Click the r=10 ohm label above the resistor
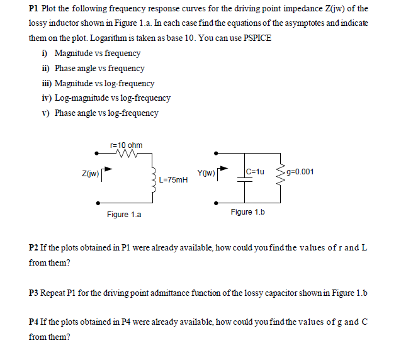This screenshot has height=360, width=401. (126, 145)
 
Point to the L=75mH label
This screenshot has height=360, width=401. (173, 179)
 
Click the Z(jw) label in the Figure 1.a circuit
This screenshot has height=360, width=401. (89, 171)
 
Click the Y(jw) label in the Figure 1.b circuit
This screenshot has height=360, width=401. (206, 171)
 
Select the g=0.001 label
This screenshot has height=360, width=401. (300, 171)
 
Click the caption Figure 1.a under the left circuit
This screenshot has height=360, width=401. (124, 215)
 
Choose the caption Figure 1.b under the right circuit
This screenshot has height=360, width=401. (247, 212)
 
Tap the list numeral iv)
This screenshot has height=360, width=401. (45, 98)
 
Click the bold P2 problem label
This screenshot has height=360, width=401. (34, 247)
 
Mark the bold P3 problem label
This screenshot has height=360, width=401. (34, 293)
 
